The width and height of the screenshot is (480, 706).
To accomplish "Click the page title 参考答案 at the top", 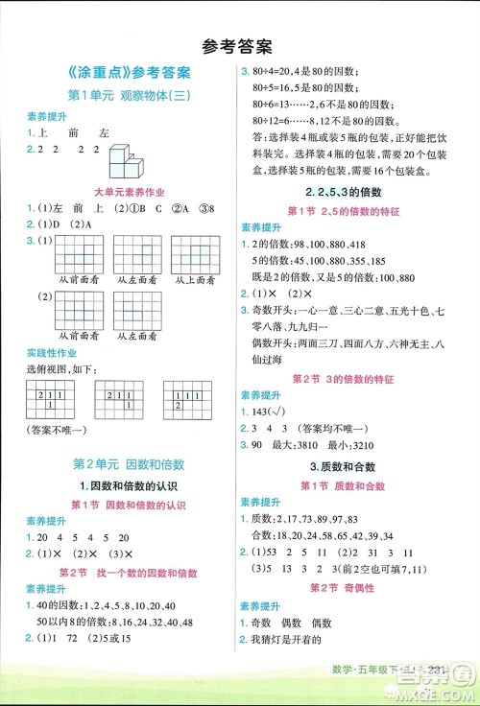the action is (239, 45).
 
